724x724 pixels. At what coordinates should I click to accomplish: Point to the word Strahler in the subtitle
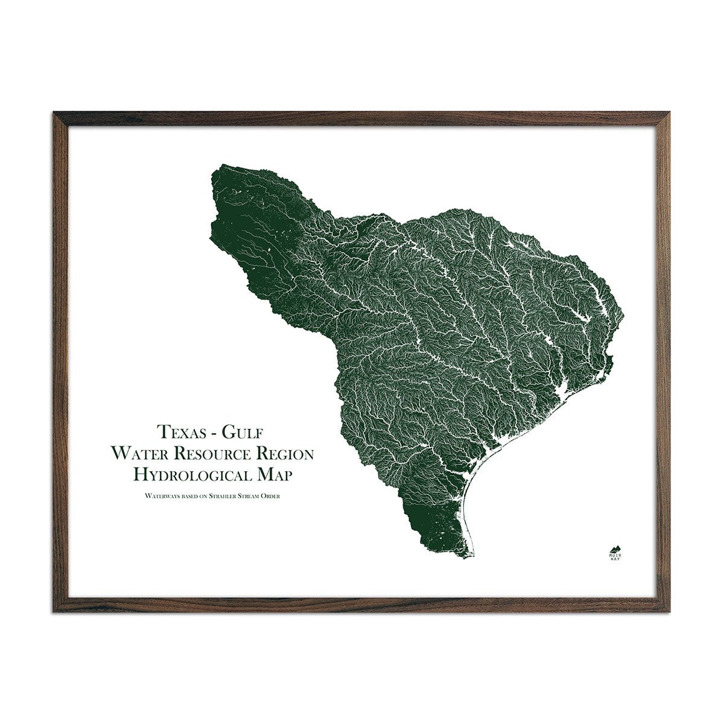[227, 496]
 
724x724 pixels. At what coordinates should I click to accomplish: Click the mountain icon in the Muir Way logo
[616, 547]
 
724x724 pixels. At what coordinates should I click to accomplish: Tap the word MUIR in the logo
[616, 553]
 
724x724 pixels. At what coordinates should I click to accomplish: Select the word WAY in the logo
[616, 558]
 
